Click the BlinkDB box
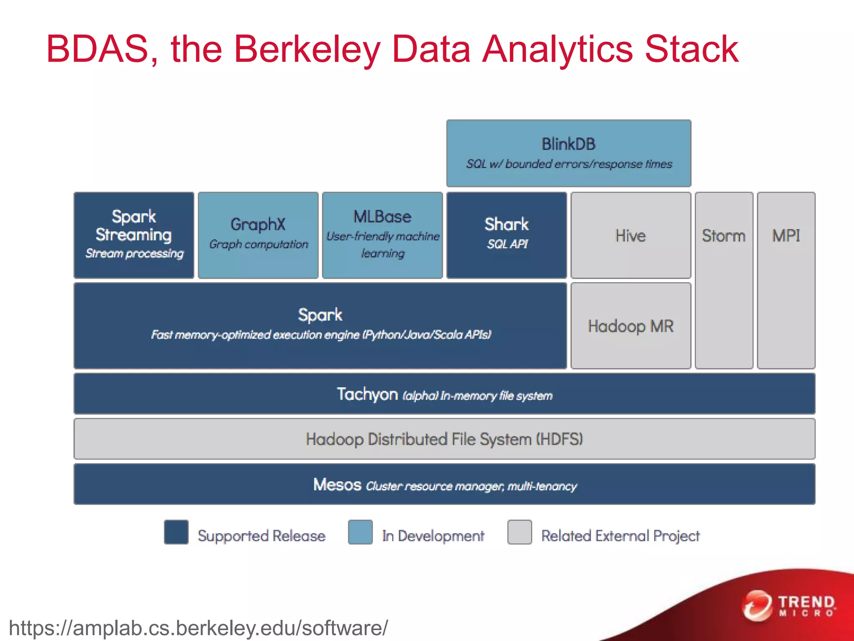[568, 153]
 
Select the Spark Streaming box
[134, 235]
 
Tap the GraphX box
[258, 235]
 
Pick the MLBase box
[382, 235]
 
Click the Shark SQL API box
[507, 235]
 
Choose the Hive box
[630, 235]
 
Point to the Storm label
[723, 236]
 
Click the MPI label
[786, 236]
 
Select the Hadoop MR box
[630, 326]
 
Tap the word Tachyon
[367, 394]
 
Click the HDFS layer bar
[445, 439]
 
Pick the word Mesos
[337, 485]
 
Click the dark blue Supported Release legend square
[176, 532]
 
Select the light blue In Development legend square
[360, 532]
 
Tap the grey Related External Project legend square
[520, 532]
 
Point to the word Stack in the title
[692, 49]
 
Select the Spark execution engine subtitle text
[321, 335]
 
